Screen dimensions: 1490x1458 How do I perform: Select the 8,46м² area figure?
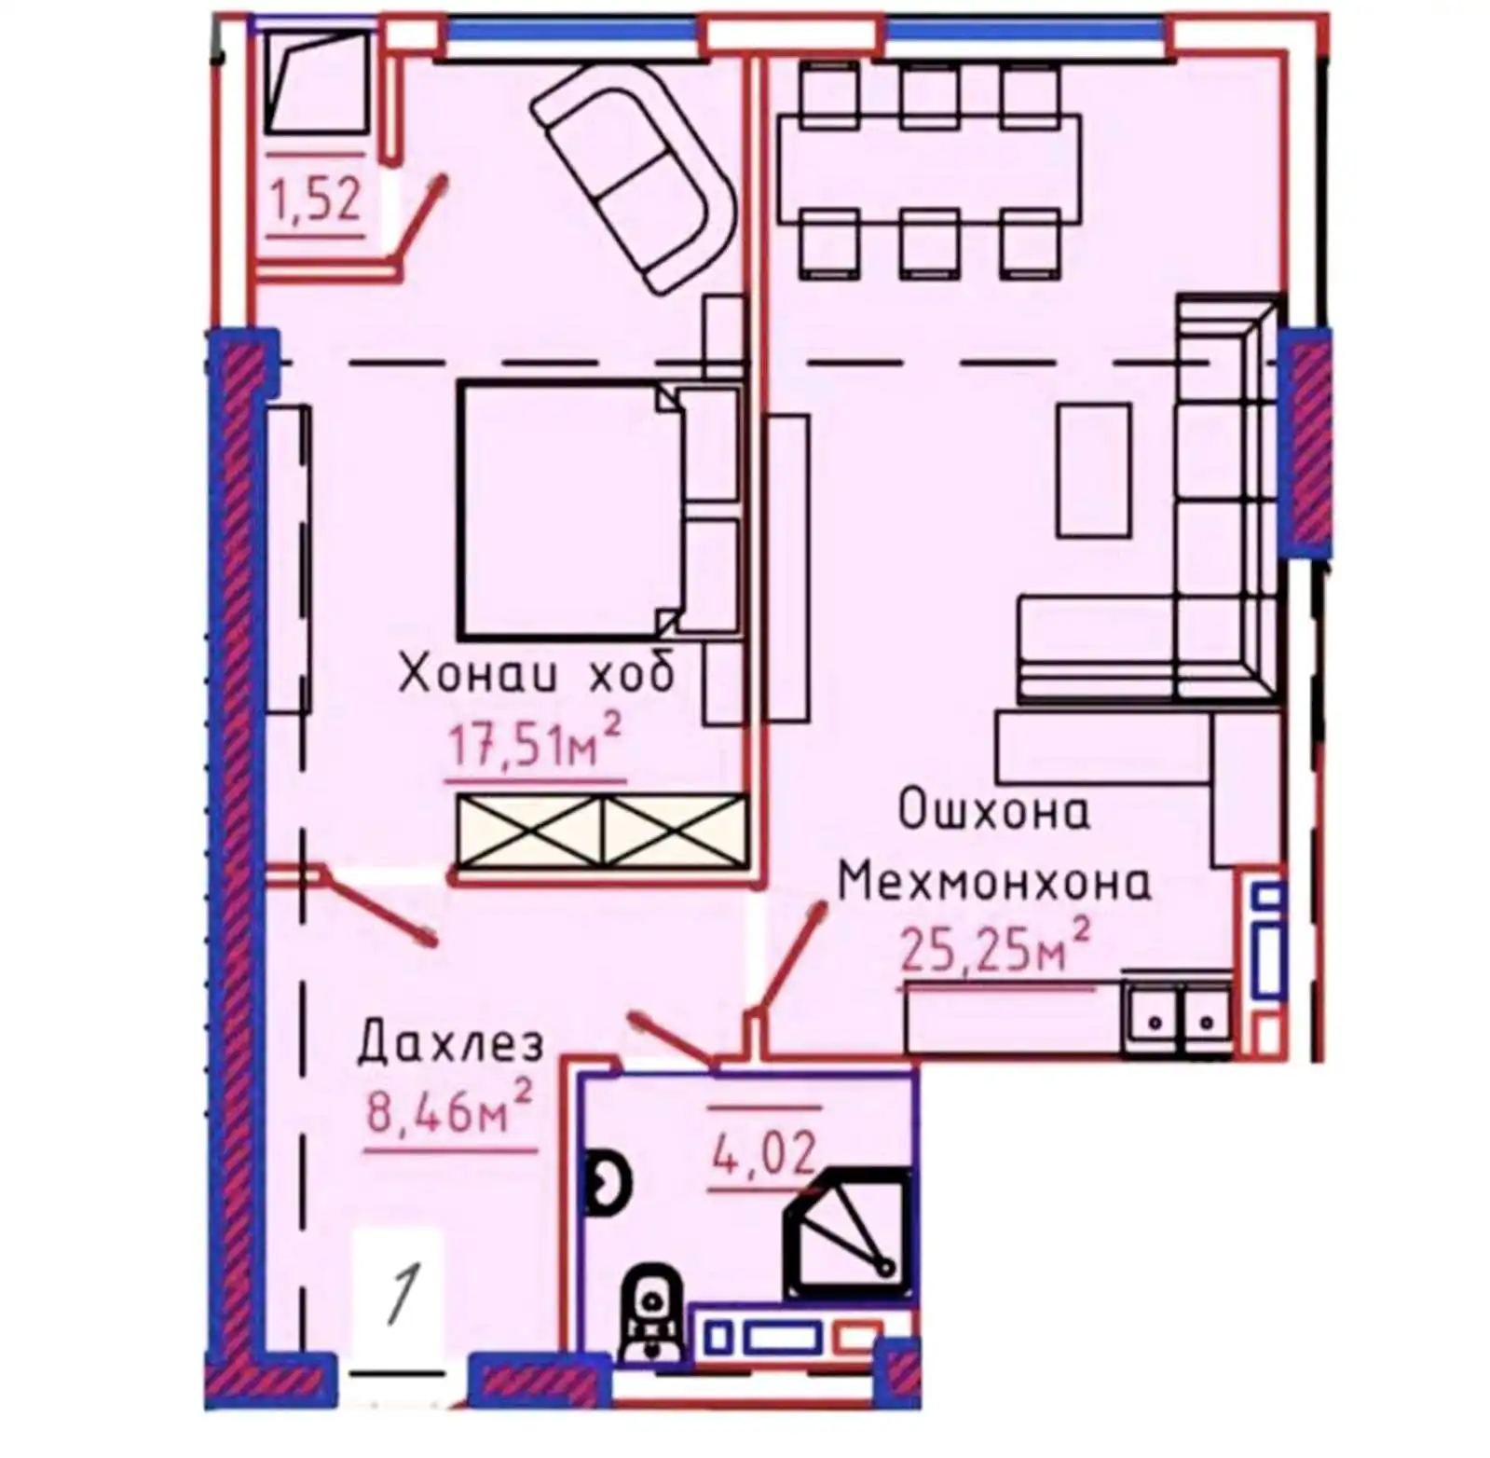450,1107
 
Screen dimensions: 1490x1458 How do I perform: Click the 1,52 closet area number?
315,199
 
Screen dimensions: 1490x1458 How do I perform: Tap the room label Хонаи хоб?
536,672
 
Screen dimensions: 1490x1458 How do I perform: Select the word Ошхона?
993,809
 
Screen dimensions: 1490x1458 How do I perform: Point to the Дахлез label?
451,1043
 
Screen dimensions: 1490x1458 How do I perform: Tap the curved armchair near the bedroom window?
635,177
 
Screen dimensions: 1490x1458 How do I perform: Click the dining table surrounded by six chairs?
929,168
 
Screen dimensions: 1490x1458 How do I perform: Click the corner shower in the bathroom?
847,1232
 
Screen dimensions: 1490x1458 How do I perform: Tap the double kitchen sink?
1180,1019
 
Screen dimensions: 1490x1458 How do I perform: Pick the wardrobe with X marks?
602,830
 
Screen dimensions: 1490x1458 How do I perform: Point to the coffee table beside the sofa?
1094,471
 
